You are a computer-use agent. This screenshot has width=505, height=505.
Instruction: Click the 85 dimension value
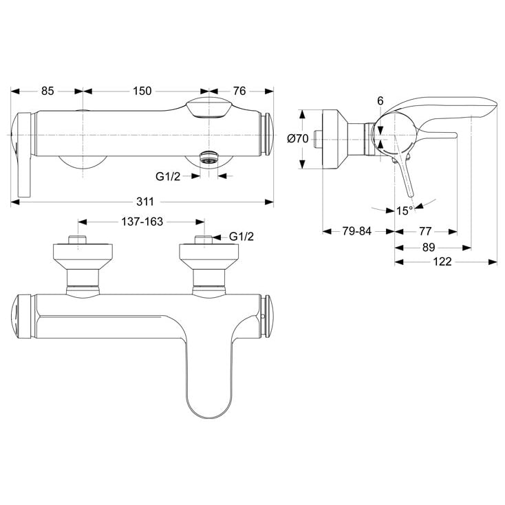[47, 91]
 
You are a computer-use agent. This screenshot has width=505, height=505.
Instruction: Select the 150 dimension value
[142, 91]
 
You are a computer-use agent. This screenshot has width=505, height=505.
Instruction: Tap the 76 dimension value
[239, 91]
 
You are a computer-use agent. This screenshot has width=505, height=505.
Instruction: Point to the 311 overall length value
[145, 202]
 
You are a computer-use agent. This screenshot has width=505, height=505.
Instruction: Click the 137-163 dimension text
[142, 222]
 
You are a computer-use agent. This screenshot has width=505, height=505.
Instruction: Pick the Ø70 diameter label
[298, 139]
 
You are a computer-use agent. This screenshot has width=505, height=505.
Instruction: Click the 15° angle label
[405, 211]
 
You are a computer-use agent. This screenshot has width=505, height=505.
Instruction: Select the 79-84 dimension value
[357, 231]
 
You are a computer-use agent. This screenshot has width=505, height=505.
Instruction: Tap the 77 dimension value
[425, 231]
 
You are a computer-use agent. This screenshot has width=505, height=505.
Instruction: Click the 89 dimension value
[429, 248]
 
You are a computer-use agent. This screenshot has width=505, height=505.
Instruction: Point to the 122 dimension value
[442, 261]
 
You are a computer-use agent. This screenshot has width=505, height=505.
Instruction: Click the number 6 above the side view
[380, 101]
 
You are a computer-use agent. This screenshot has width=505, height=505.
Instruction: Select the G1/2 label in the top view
[168, 177]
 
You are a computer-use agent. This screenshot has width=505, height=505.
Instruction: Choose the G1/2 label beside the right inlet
[241, 237]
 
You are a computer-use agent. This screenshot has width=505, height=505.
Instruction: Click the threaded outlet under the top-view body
[208, 157]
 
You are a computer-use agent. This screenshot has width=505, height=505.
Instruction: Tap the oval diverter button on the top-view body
[208, 107]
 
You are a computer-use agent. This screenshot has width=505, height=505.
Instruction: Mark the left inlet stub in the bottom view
[78, 240]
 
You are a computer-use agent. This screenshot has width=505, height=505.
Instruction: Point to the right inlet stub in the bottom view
[204, 240]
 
